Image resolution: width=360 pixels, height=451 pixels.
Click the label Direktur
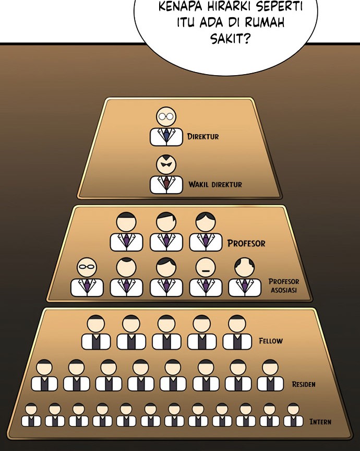pyautogui.click(x=203, y=137)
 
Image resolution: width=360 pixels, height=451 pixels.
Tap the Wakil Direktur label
pyautogui.click(x=215, y=184)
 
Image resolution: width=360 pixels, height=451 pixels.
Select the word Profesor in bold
pyautogui.click(x=246, y=243)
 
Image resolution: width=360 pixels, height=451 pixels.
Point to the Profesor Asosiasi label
pyautogui.click(x=284, y=286)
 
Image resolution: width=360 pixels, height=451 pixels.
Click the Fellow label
pyautogui.click(x=271, y=341)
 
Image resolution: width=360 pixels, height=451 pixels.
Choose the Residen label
pyautogui.click(x=304, y=384)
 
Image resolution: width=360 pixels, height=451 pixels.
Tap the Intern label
pyautogui.click(x=320, y=422)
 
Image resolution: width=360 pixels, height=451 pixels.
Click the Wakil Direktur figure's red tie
pyautogui.click(x=166, y=184)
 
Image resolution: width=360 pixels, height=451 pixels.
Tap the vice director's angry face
pyautogui.click(x=166, y=165)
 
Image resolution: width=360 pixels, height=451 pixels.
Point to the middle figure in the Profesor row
pyautogui.click(x=166, y=232)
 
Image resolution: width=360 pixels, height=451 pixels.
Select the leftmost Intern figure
pyautogui.click(x=31, y=414)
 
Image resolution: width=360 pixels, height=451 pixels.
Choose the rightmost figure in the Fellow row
pyautogui.click(x=237, y=333)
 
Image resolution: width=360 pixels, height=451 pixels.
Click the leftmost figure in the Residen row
pyautogui.click(x=44, y=376)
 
